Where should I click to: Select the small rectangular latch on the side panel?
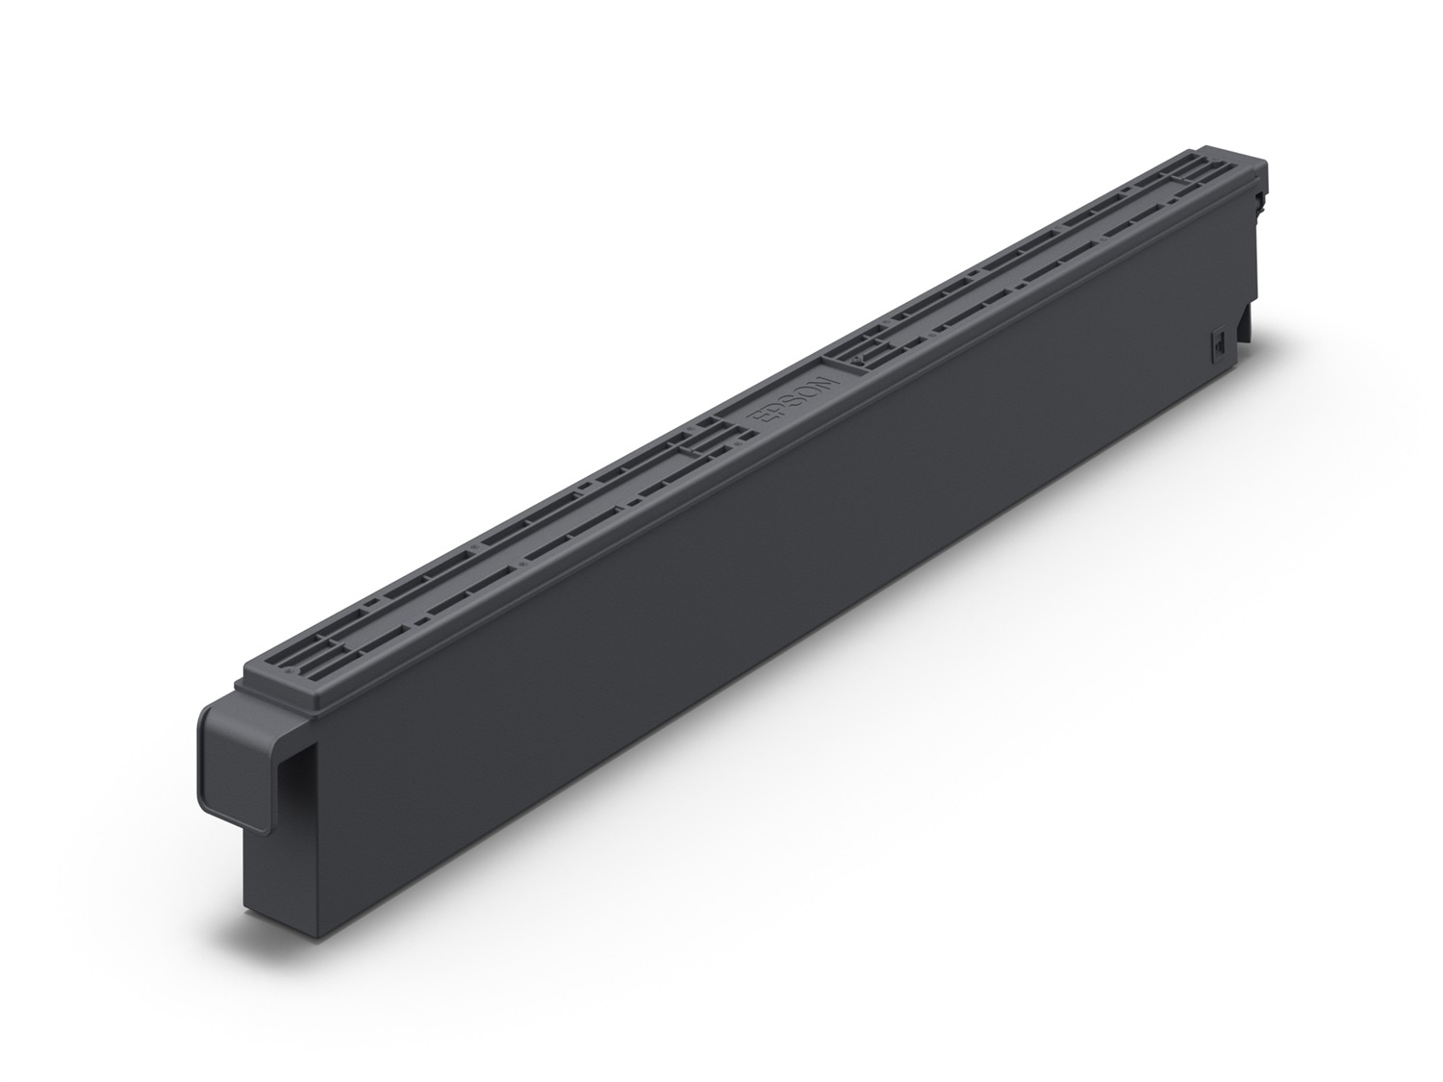click(1216, 341)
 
